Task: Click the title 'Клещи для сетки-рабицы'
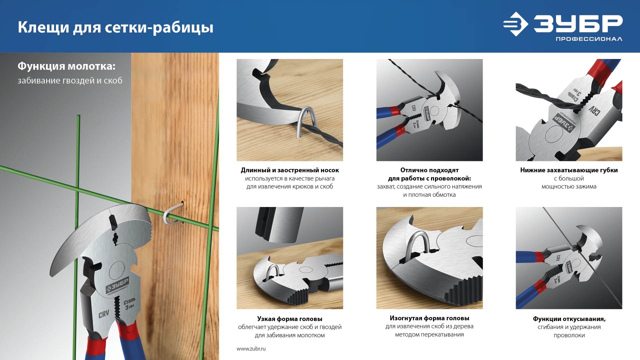coord(115,27)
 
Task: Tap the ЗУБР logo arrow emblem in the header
coord(515,24)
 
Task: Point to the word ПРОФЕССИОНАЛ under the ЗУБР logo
coord(589,39)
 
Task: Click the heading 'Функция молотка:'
coord(67,66)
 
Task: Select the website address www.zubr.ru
coord(251,349)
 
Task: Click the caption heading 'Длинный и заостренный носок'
coord(290,170)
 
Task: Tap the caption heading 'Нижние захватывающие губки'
coord(569,170)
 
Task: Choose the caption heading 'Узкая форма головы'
coord(290,319)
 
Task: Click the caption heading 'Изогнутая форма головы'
coord(429,318)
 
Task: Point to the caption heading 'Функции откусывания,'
coord(569,319)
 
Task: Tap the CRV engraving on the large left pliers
coord(104,314)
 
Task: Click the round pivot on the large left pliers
coord(117,270)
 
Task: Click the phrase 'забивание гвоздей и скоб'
coord(70,81)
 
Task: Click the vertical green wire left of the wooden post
coord(77,200)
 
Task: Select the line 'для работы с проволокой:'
coord(429,179)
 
